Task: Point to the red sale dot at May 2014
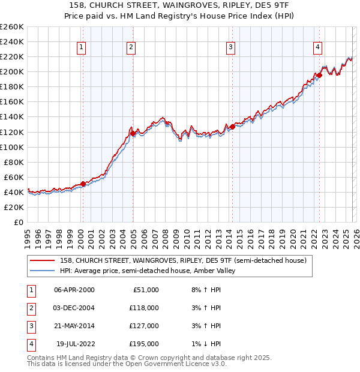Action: click(232, 127)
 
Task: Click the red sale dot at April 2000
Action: click(83, 184)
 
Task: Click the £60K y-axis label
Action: click(13, 177)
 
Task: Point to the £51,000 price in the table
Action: click(145, 289)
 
